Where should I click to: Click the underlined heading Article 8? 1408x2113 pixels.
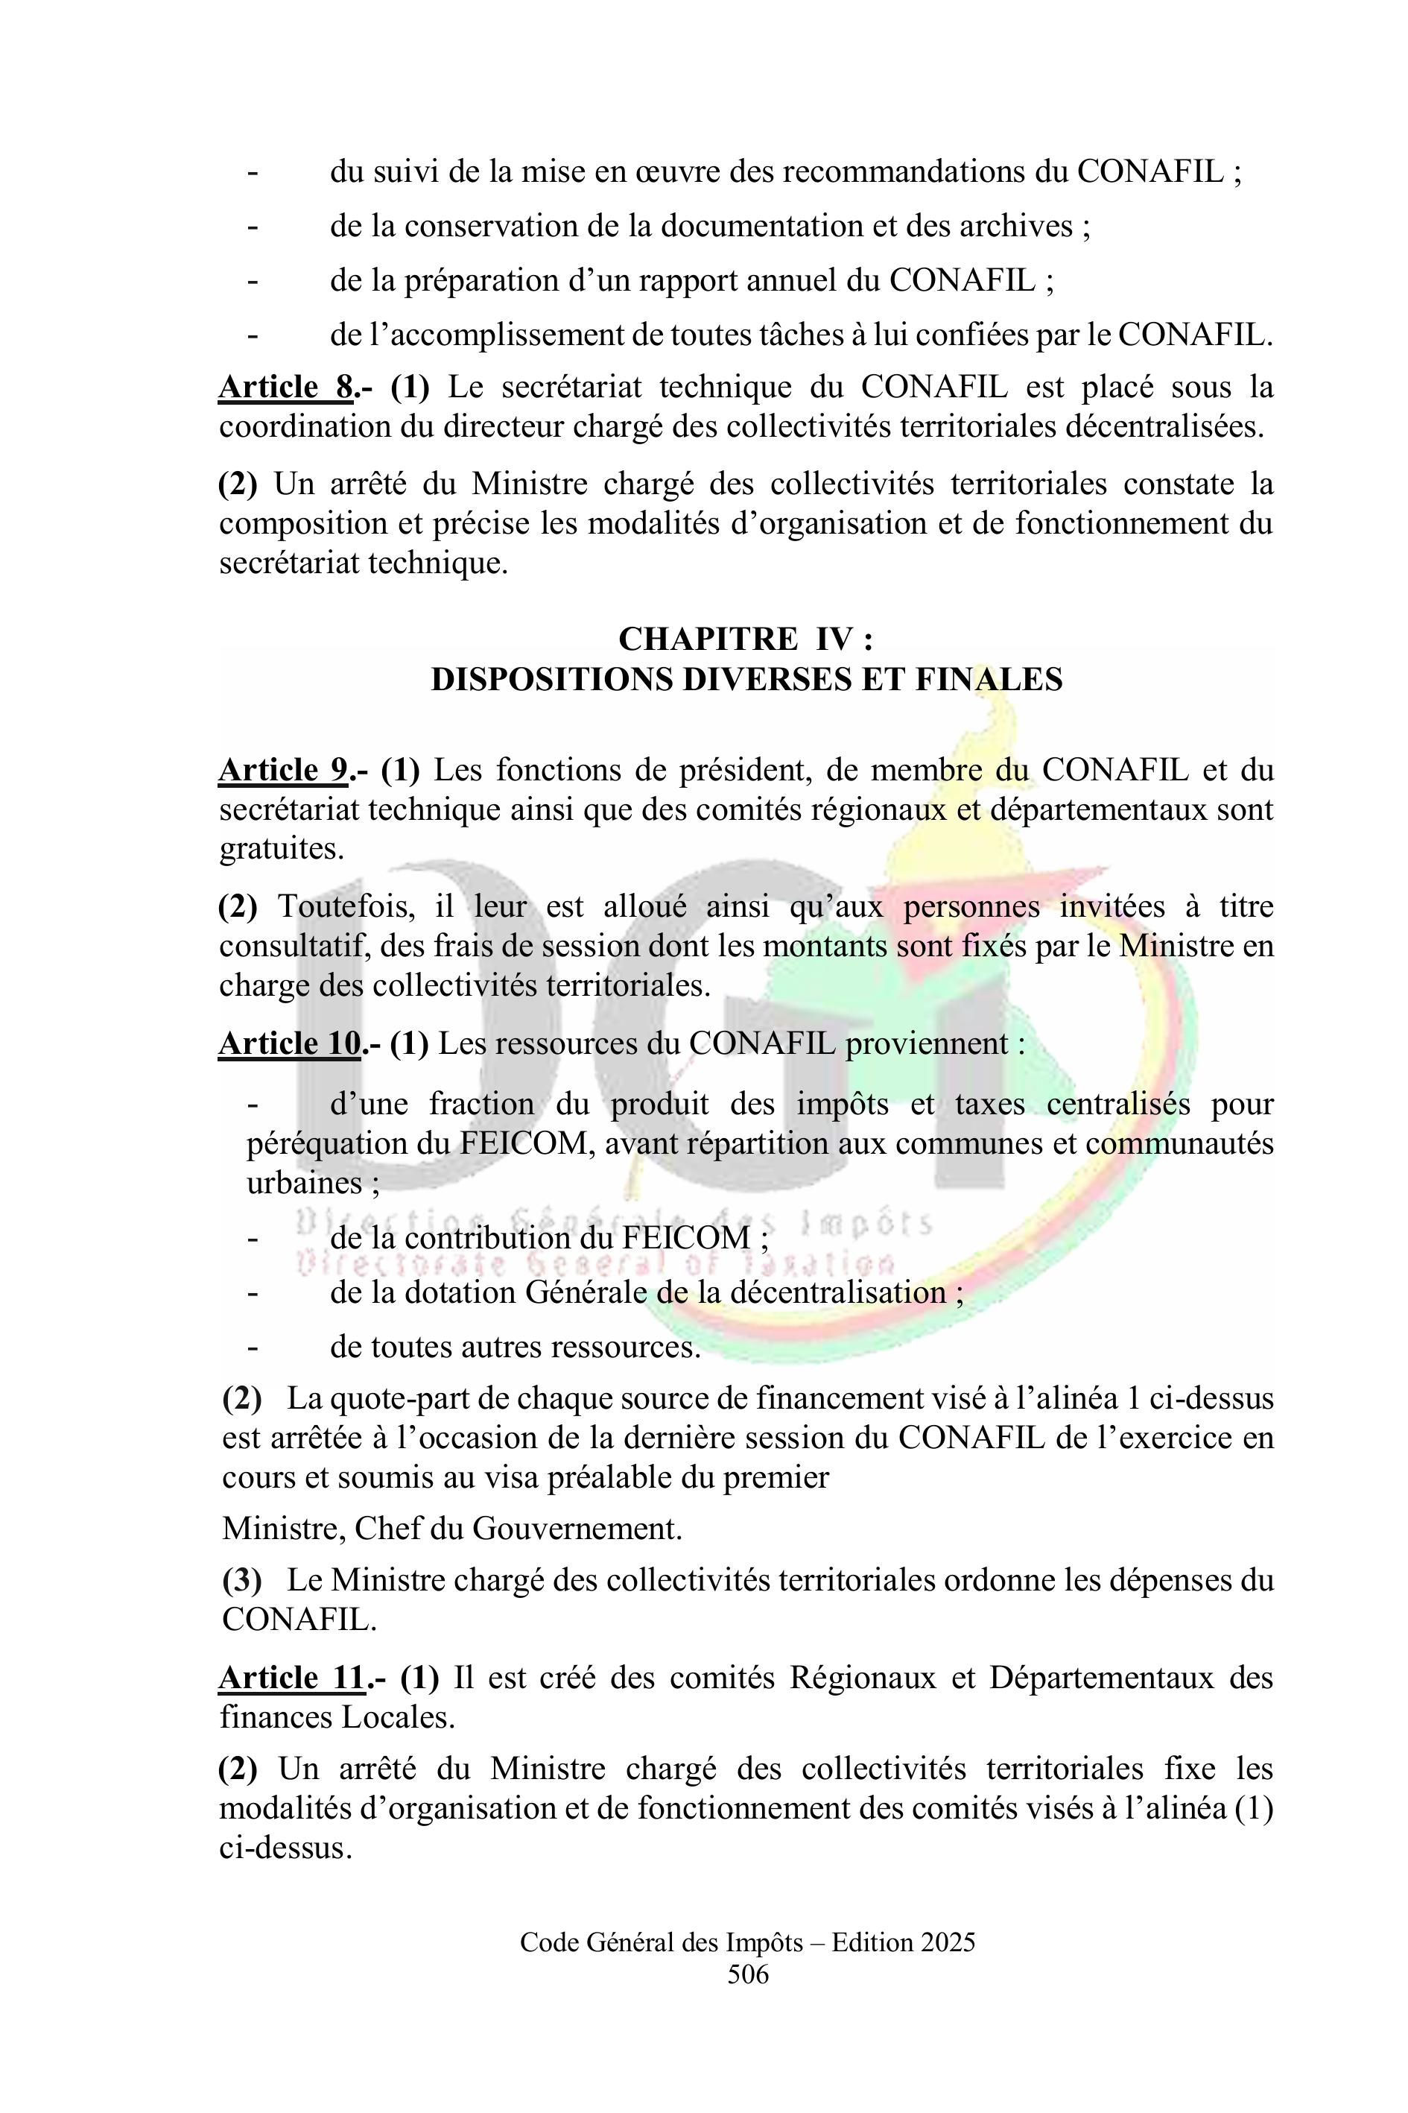click(285, 388)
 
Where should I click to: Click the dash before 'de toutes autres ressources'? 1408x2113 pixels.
click(253, 1348)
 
